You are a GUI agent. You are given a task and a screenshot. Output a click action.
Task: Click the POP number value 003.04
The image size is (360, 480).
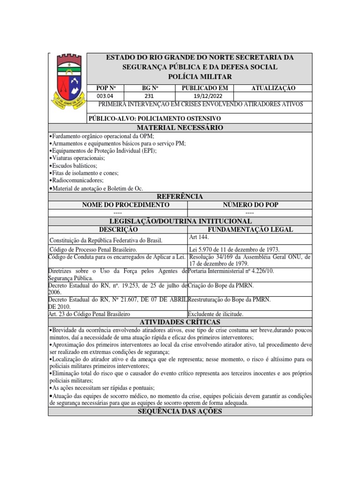coord(105,96)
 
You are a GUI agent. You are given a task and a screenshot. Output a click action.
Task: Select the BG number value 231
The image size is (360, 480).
coord(149,96)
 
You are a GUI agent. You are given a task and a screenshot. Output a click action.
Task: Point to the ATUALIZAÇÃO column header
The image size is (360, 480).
coord(273,88)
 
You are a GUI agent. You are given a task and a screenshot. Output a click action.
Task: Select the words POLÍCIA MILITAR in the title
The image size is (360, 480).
coord(199,76)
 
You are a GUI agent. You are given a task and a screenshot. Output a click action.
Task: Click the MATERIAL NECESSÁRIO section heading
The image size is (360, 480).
coord(180,128)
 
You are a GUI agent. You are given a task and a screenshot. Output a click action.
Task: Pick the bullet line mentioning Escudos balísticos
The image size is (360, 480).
coord(74,166)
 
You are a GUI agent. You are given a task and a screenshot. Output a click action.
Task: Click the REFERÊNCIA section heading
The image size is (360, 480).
coord(180,196)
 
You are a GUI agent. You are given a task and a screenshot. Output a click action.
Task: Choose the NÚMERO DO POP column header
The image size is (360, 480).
coord(249,205)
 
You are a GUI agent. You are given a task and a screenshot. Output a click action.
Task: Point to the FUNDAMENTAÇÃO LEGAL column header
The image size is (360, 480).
coord(250,230)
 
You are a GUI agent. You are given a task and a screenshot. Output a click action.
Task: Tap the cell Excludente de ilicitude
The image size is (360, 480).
coord(216,314)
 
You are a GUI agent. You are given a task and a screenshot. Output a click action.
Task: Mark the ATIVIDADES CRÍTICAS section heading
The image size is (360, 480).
coord(180,322)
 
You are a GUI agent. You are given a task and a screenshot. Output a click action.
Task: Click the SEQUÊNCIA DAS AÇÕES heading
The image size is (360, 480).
coord(180,411)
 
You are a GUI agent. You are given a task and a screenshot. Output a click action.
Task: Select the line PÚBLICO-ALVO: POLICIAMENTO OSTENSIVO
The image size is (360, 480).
coord(154,119)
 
